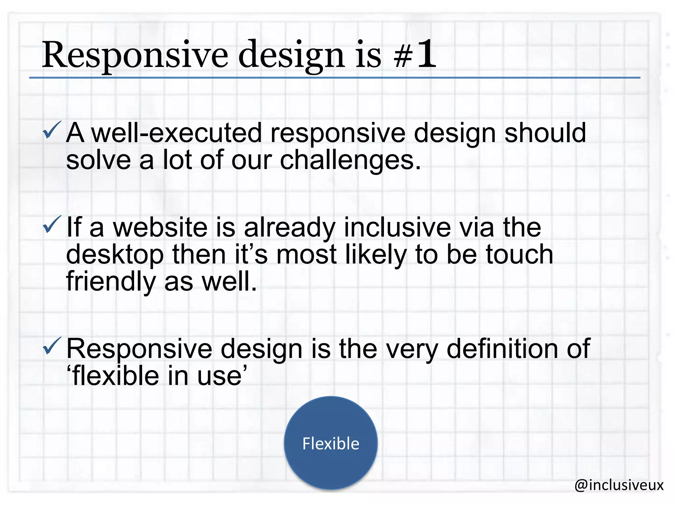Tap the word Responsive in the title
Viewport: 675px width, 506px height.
[134, 55]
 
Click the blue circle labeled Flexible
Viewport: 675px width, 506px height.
[331, 443]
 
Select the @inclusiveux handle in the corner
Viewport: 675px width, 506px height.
[619, 485]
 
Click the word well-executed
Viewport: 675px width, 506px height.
[176, 133]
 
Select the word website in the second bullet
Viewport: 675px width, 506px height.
[160, 228]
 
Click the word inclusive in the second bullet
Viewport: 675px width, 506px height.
[397, 228]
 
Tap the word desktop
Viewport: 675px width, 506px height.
[115, 255]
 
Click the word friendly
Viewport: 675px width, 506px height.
[111, 282]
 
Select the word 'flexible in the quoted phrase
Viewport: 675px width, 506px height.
[114, 376]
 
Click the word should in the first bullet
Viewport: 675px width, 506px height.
[545, 133]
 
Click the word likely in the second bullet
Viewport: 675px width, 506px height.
[376, 255]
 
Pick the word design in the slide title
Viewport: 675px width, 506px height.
[291, 55]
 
